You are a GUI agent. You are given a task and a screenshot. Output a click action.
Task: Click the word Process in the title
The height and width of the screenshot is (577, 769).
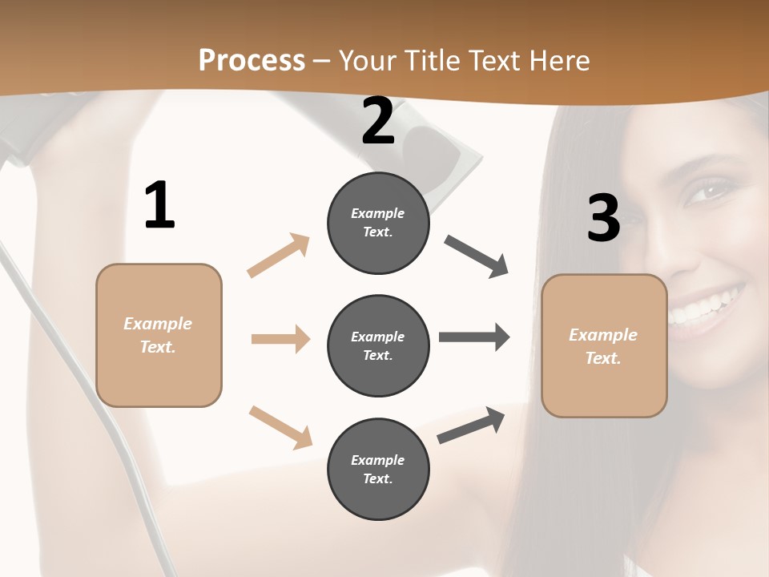pos(252,60)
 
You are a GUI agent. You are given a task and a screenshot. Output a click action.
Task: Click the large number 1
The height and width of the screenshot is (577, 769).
pos(159,206)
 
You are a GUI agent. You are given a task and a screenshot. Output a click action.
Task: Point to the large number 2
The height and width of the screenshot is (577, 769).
pos(378,121)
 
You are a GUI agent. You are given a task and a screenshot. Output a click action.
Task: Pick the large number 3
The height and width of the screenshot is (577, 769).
pos(603,218)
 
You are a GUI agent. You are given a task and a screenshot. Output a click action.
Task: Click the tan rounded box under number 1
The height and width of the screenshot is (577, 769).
pos(159,335)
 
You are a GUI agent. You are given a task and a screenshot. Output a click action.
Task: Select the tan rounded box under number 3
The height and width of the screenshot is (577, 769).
pos(604,346)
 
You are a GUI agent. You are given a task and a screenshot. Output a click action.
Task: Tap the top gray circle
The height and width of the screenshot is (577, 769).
pos(378,223)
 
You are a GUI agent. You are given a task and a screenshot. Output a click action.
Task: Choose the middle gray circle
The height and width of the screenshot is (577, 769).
pos(378,346)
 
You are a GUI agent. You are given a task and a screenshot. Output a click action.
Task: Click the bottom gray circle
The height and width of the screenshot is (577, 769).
pos(378,470)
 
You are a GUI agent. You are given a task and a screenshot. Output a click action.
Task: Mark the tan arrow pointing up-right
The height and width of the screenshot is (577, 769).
pos(279,255)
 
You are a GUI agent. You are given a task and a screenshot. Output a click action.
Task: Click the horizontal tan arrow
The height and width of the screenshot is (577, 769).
pos(280,339)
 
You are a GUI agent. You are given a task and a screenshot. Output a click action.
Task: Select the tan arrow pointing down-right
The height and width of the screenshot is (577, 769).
pos(280,426)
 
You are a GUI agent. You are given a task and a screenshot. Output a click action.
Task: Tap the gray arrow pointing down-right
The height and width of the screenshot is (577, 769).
pos(477,256)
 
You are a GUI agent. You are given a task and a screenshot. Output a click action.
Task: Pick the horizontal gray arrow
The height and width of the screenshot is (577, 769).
pos(474,337)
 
